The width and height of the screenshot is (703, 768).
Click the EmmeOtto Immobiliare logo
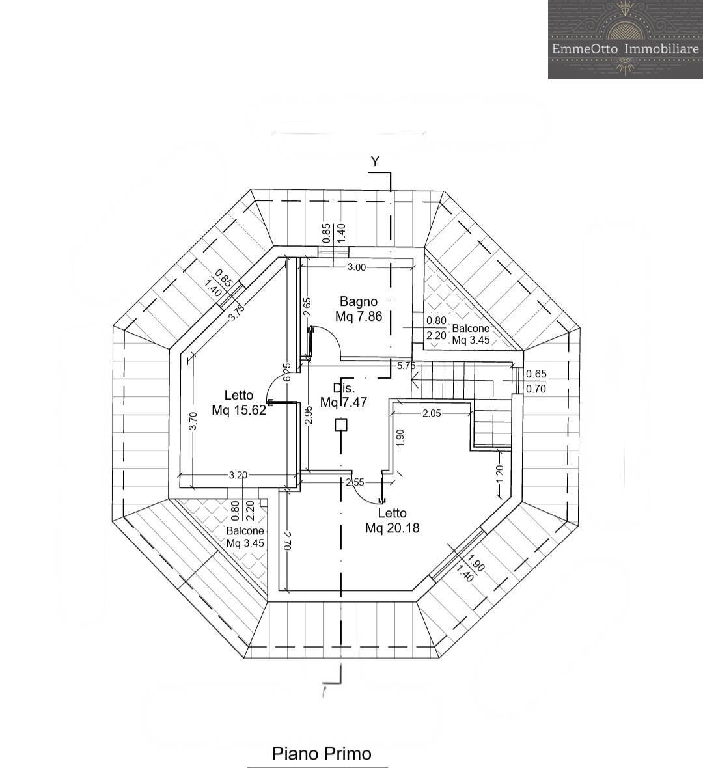(x=626, y=40)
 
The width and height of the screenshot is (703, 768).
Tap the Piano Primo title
(x=322, y=753)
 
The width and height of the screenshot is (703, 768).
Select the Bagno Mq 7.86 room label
(x=359, y=309)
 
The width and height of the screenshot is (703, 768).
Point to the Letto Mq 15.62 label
(x=239, y=403)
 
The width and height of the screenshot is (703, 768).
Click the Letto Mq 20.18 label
(x=393, y=521)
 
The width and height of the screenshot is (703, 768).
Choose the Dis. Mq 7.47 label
(x=344, y=395)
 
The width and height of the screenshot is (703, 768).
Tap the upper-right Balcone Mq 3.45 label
(x=471, y=334)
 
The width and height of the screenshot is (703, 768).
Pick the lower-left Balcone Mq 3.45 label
(x=245, y=537)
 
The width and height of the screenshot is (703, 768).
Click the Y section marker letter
(x=375, y=161)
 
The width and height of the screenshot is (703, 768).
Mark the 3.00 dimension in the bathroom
(x=357, y=267)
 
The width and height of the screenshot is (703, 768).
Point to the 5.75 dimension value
(x=406, y=365)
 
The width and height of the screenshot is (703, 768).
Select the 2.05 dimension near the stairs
(x=432, y=413)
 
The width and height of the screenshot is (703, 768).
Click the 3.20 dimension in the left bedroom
(x=238, y=474)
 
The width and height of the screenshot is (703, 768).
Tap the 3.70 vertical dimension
(x=193, y=421)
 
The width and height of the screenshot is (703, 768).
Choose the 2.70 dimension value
(x=288, y=542)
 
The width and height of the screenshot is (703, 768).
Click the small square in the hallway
(x=341, y=424)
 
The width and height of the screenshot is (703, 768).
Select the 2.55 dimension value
(x=355, y=482)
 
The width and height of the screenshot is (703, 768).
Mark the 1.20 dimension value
(x=500, y=474)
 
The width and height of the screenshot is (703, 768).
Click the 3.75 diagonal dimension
(x=237, y=312)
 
